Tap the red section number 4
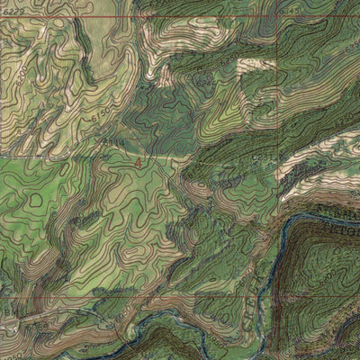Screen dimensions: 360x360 (137, 163)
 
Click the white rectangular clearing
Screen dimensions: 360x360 (253, 66)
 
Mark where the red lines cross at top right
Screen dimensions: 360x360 (277, 17)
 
